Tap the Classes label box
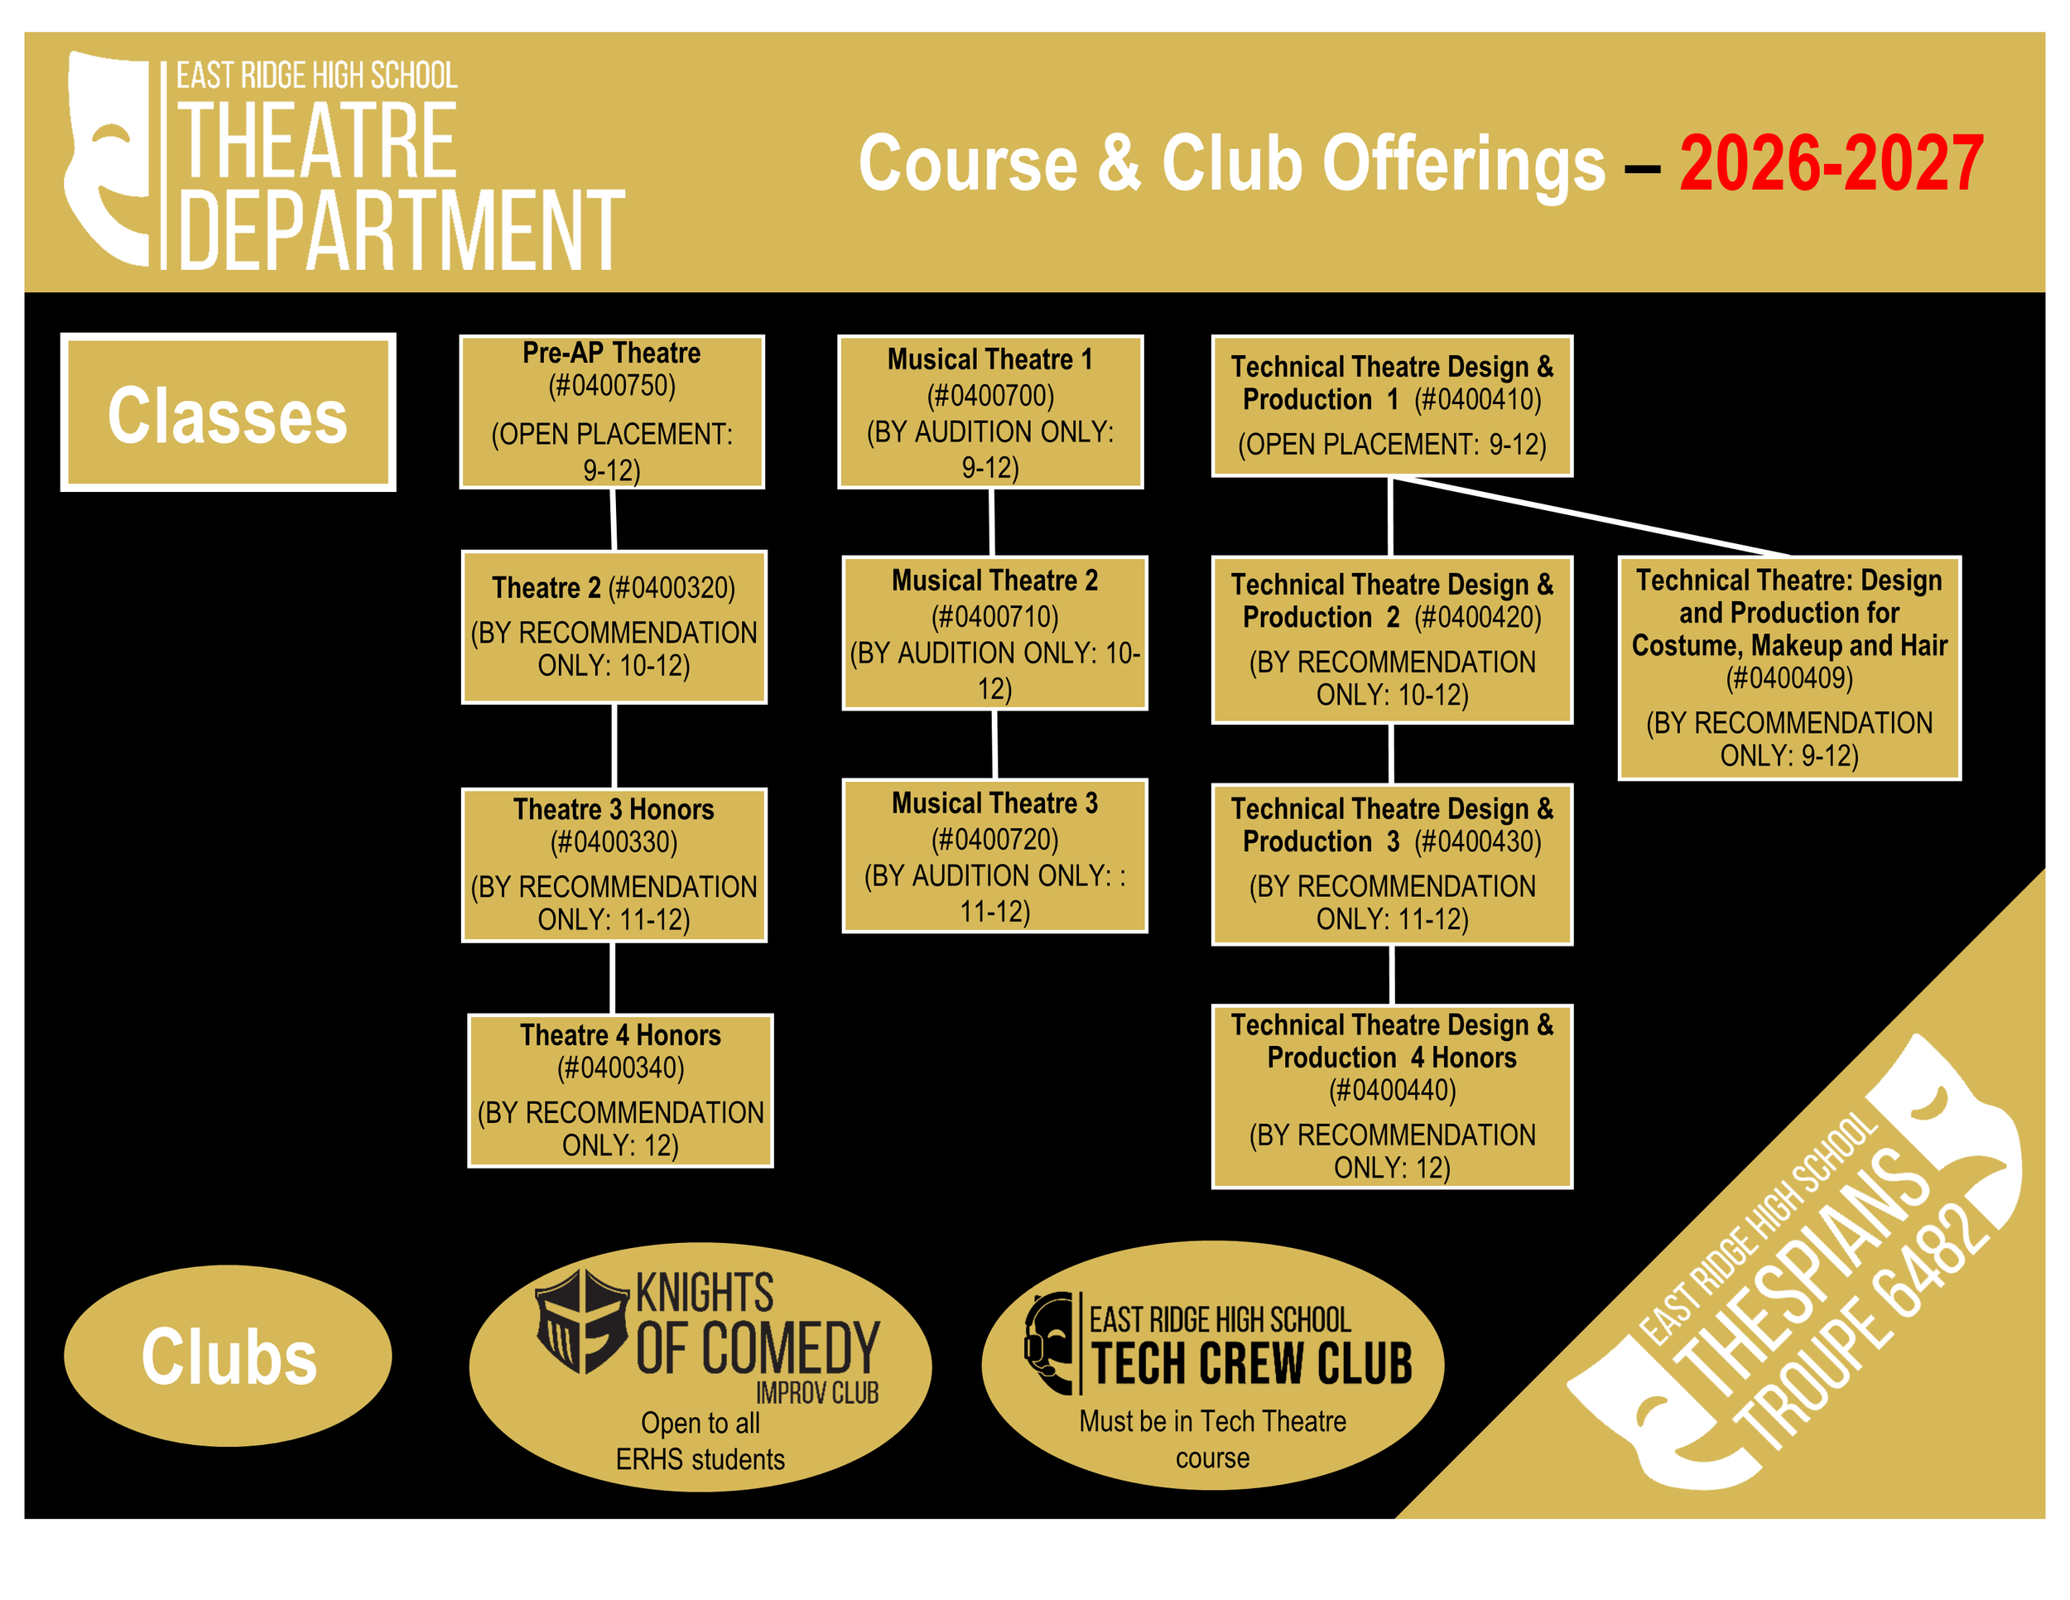228,412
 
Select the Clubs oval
228,1355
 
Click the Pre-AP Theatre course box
611,412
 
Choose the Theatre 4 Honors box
620,1090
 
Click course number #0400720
994,839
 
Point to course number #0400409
1788,677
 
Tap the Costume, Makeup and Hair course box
1788,667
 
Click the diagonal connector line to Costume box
1592,516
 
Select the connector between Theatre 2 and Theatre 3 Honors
614,745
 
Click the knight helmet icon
581,1320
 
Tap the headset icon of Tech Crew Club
1048,1342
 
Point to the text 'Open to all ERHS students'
700,1440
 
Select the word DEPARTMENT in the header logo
401,230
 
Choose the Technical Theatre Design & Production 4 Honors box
1391,1095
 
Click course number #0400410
1476,399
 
